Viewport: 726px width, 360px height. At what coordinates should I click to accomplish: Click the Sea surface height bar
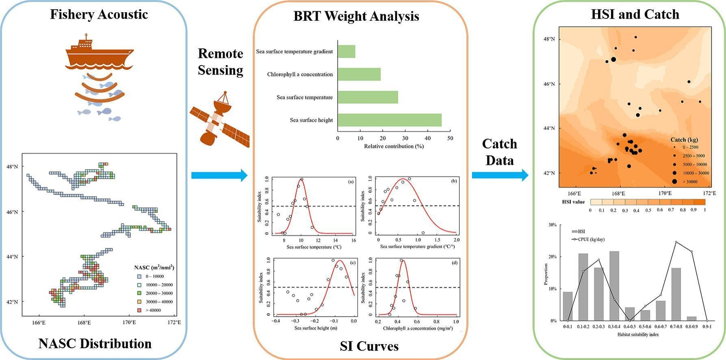389,120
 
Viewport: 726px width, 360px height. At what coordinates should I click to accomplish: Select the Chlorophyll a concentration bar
359,74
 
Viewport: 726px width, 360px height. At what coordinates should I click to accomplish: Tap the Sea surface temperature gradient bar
347,52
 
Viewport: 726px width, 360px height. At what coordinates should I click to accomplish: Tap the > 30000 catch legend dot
674,182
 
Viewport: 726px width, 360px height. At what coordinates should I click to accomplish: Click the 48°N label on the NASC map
13,167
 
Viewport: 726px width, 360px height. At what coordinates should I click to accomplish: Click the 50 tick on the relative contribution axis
450,138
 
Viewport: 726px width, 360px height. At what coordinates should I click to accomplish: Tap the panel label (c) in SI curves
353,263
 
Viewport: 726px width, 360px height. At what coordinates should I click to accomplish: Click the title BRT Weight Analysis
356,16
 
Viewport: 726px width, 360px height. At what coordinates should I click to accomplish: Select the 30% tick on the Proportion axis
552,225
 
